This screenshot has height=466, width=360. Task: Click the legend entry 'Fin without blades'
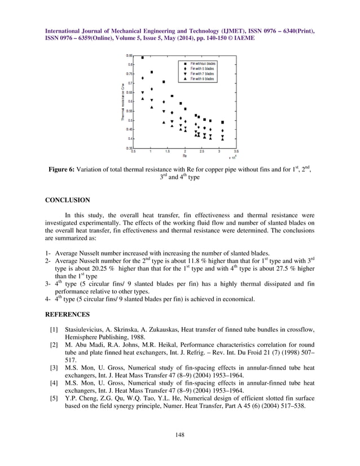click(202, 64)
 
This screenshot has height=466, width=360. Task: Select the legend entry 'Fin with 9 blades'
click(202, 79)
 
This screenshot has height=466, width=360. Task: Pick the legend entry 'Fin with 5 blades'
click(202, 69)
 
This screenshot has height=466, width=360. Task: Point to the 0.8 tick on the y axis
click(130, 64)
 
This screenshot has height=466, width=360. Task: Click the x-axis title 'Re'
click(185, 156)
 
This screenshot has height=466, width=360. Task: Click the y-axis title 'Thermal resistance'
click(123, 103)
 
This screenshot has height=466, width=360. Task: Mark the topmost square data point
click(143, 58)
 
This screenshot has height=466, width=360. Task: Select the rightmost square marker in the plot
click(222, 122)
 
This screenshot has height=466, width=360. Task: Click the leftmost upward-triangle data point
click(143, 98)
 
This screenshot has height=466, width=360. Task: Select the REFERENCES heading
click(67, 314)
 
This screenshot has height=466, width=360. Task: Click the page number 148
click(180, 434)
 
